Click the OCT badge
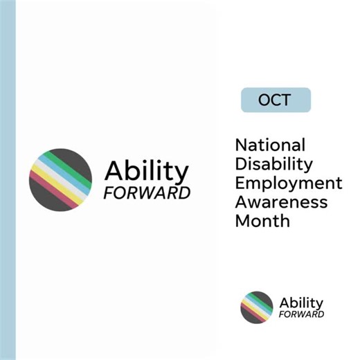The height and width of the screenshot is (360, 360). [276, 100]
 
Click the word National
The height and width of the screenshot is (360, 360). [269, 145]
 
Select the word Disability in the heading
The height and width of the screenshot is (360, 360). [273, 165]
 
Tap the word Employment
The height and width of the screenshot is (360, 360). [288, 183]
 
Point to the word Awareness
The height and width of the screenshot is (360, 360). [281, 202]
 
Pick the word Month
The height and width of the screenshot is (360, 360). [262, 222]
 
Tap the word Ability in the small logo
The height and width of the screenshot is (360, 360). [300, 303]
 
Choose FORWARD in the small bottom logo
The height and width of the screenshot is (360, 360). [301, 314]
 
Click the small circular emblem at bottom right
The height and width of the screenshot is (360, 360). [257, 307]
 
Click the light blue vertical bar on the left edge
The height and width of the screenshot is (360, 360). [8, 180]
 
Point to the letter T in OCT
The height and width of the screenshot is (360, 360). [285, 100]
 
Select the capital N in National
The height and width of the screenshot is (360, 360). [242, 145]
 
